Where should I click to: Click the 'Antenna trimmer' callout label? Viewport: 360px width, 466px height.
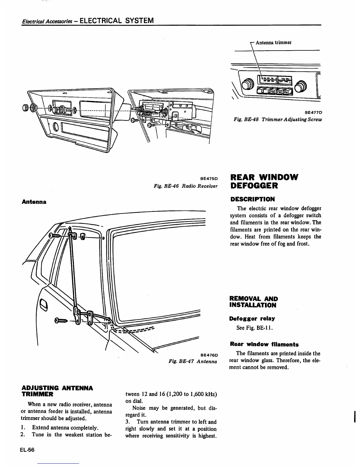coord(274,42)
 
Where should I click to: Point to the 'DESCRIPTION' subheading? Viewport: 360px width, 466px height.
coord(252,199)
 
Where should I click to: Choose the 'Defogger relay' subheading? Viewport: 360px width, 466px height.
coord(252,318)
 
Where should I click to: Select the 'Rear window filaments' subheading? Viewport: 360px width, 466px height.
coord(264,344)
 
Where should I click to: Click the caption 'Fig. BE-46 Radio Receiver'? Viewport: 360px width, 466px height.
coord(186,186)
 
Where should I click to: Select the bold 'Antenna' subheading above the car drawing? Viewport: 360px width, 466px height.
coord(34,202)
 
